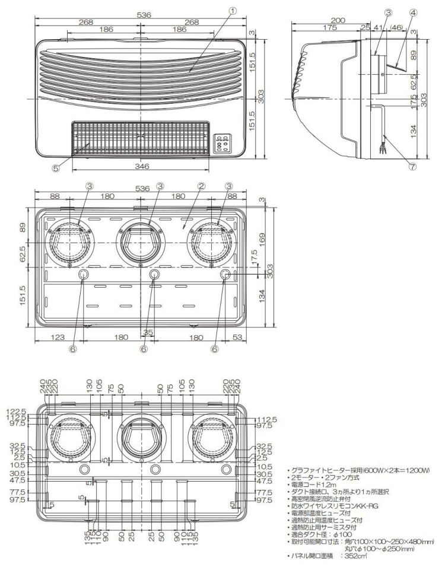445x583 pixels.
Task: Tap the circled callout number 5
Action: pos(56,168)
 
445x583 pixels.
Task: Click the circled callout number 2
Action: pos(201,186)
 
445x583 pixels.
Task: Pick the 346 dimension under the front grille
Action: pos(141,167)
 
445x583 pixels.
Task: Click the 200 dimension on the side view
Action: pos(338,20)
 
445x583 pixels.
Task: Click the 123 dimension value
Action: pos(57,337)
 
